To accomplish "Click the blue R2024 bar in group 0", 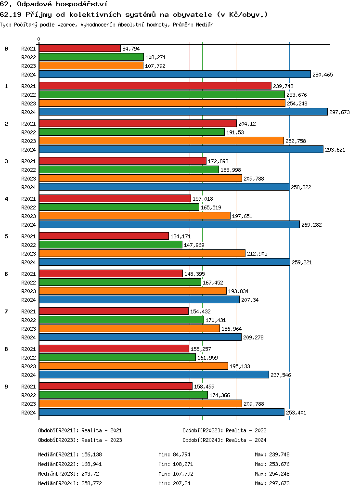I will tap(175, 74).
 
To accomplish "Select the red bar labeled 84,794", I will tap(80, 48).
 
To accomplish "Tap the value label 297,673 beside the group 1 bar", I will tap(339, 112).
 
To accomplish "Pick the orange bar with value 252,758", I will tap(161, 141).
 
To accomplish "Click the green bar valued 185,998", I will tap(129, 169).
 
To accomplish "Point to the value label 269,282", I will tap(311, 225).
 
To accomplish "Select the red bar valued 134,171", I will tap(104, 236).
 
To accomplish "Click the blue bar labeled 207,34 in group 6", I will tap(139, 299).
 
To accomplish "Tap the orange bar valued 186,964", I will tap(129, 328).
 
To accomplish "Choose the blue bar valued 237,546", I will tap(154, 375).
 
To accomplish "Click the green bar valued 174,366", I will tap(123, 395).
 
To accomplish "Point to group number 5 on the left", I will tap(6, 236).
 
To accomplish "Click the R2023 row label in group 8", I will tap(29, 366).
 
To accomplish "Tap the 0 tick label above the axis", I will tap(39, 39).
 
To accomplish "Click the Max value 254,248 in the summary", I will tap(279, 474).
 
